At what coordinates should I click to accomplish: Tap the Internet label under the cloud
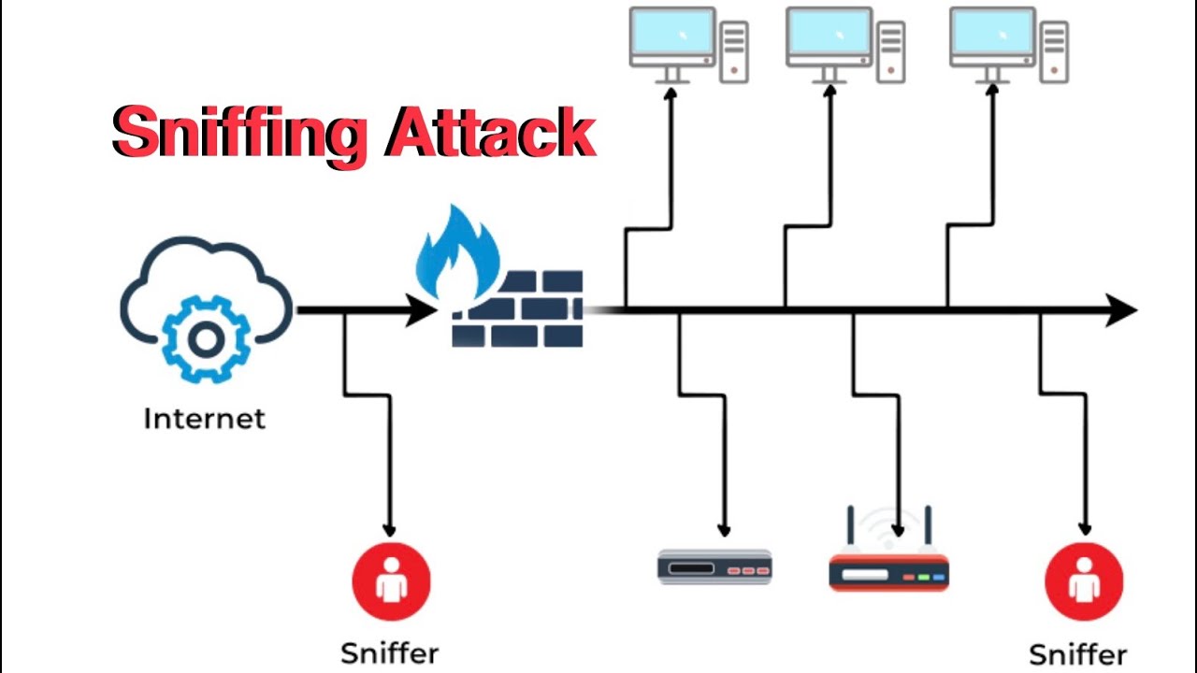(x=204, y=418)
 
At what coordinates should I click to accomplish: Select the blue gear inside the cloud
(x=205, y=338)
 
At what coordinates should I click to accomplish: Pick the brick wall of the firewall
(x=518, y=308)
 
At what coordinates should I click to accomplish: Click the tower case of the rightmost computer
(x=1055, y=51)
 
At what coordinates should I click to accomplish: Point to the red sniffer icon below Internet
(x=391, y=581)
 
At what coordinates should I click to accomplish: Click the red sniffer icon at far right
(x=1084, y=581)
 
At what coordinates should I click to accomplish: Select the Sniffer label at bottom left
(x=389, y=652)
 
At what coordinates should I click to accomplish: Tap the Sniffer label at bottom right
(x=1077, y=653)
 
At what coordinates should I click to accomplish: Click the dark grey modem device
(x=714, y=567)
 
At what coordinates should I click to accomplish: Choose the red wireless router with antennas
(x=888, y=571)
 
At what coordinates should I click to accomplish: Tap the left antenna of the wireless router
(x=852, y=529)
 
